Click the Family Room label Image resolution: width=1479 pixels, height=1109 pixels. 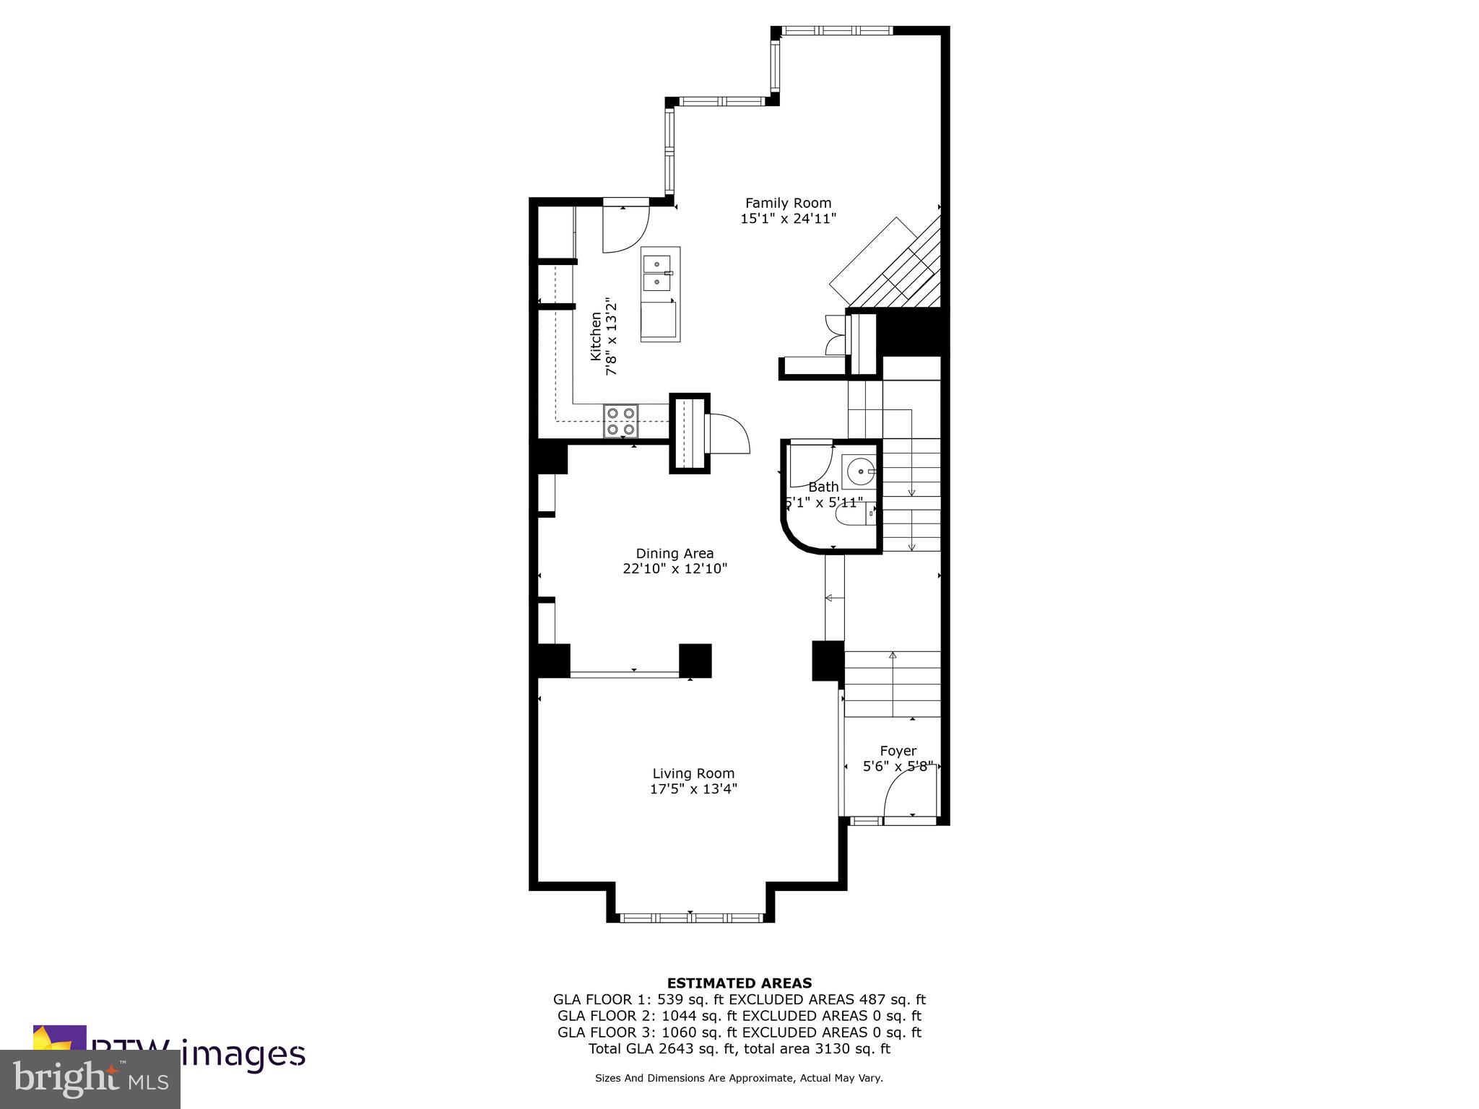click(x=788, y=203)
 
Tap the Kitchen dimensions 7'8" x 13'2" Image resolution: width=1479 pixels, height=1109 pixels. click(x=612, y=336)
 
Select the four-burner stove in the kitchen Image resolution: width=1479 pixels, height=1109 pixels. click(x=621, y=421)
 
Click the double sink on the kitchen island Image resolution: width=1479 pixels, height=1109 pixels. click(x=656, y=273)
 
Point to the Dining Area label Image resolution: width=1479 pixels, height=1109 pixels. click(x=675, y=553)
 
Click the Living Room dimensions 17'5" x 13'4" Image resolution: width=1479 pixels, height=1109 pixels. click(x=693, y=789)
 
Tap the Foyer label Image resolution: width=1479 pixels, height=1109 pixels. click(x=898, y=751)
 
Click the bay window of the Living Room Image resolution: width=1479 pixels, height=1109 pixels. click(x=692, y=918)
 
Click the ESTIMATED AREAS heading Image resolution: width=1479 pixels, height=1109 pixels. click(x=739, y=983)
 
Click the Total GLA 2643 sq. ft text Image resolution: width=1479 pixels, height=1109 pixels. click(x=662, y=1049)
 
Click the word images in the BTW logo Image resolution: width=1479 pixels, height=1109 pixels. click(x=243, y=1054)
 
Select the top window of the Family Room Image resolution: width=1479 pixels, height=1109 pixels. click(x=838, y=30)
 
